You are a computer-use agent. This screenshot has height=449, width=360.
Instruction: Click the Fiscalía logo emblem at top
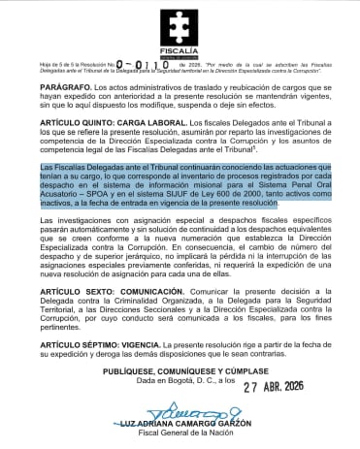[x=180, y=21]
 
